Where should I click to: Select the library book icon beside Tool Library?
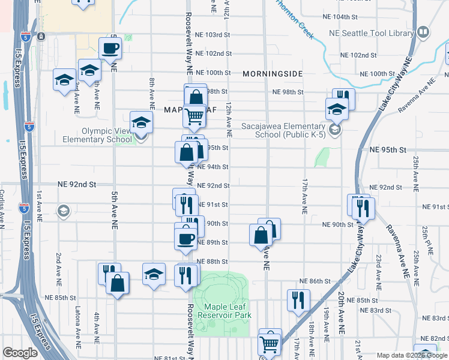pyautogui.click(x=423, y=32)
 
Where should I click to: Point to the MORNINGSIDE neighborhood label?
pyautogui.click(x=273, y=73)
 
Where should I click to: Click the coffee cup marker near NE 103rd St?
pyautogui.click(x=110, y=48)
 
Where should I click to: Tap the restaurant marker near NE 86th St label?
pyautogui.click(x=299, y=299)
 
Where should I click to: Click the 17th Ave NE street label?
pyautogui.click(x=305, y=196)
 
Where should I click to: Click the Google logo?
pyautogui.click(x=20, y=353)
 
